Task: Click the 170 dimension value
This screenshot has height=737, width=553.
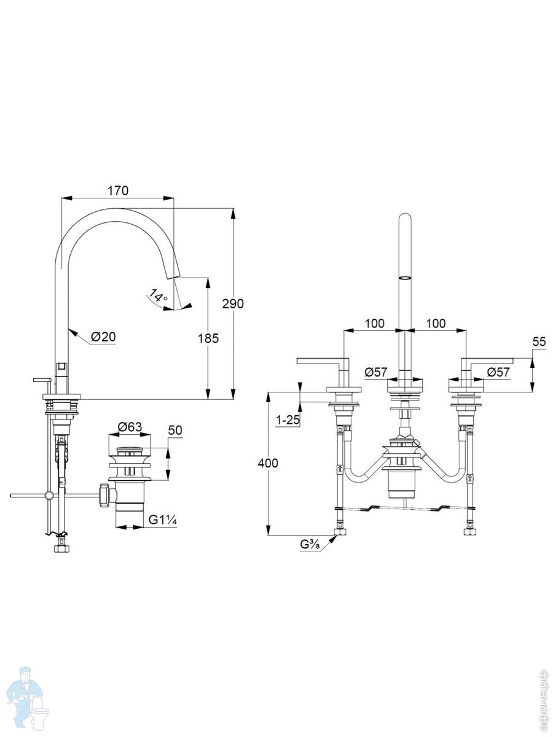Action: [118, 191]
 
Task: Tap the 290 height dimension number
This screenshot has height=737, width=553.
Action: [233, 303]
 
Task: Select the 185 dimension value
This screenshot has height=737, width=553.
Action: [208, 338]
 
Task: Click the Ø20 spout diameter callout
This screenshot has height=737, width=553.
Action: [103, 337]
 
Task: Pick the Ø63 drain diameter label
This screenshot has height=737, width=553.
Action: [130, 427]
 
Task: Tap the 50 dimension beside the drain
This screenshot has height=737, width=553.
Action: [175, 430]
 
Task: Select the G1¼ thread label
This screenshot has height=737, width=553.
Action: [163, 520]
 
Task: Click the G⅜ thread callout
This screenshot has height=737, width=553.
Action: [310, 544]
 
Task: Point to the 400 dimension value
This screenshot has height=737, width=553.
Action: [268, 463]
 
